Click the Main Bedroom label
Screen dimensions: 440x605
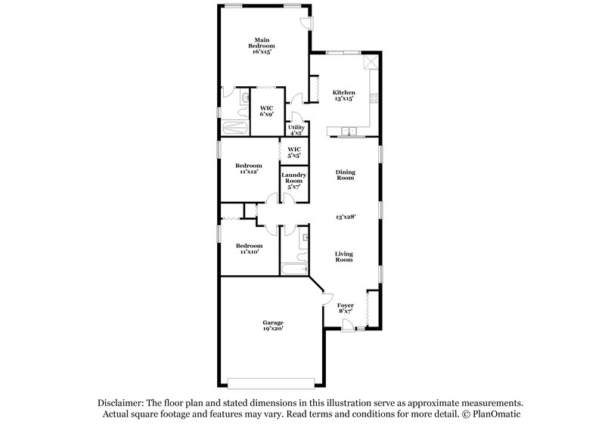(262, 45)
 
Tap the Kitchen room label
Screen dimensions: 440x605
(344, 95)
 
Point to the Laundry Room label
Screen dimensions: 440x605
(293, 181)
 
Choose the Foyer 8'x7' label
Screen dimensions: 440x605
(346, 308)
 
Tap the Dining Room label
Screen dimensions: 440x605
(346, 175)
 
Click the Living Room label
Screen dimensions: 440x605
(344, 256)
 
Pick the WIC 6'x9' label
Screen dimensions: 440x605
(266, 111)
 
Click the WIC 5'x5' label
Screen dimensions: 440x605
(294, 152)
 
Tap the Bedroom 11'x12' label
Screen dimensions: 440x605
(248, 169)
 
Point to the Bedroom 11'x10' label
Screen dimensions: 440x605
(248, 248)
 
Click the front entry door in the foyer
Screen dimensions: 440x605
(346, 325)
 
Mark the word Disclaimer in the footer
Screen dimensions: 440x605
(122, 404)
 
